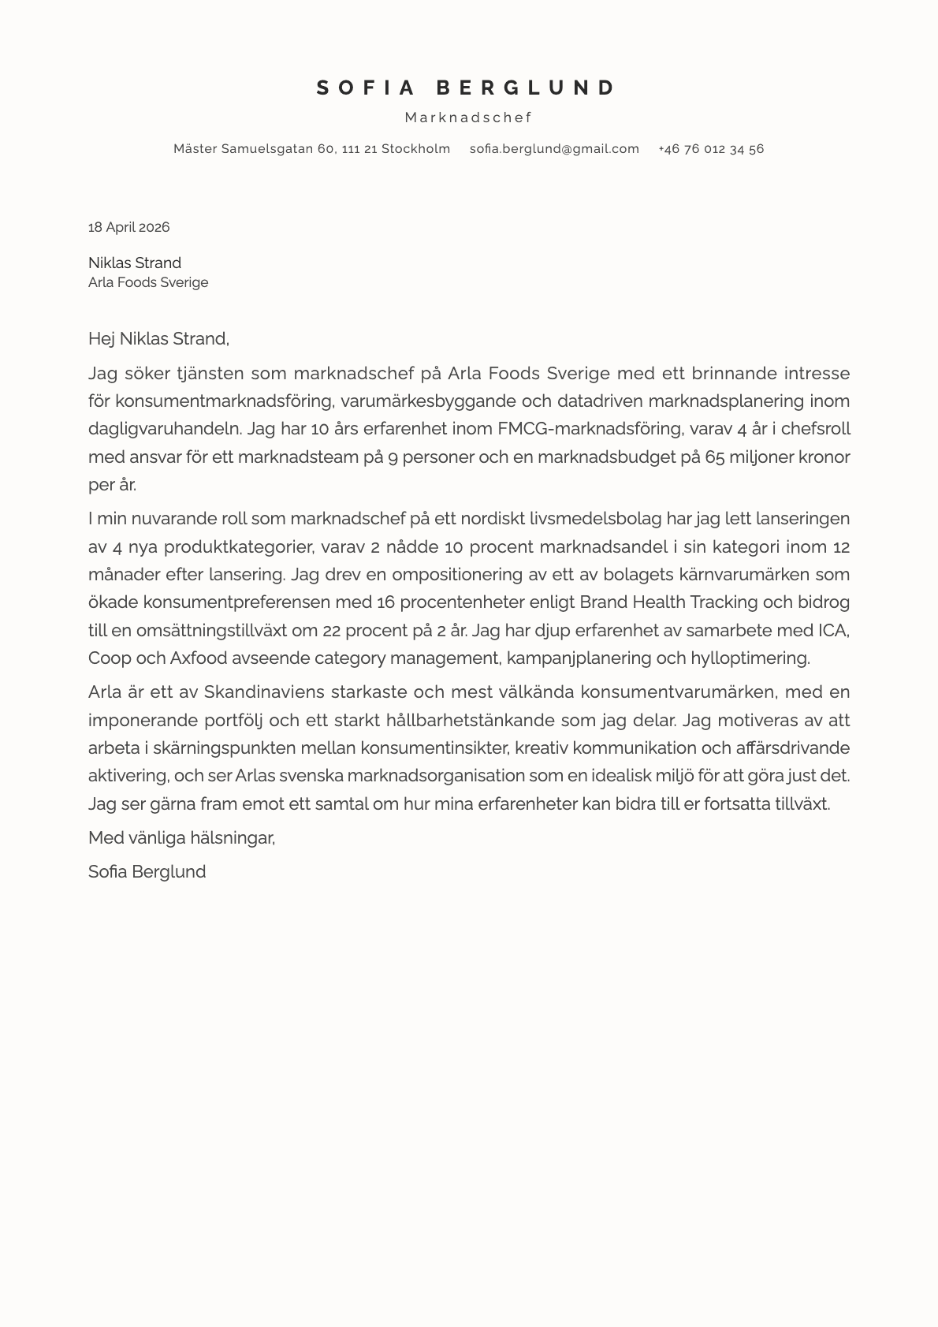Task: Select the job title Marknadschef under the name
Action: click(x=468, y=117)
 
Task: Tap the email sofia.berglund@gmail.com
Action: click(x=554, y=149)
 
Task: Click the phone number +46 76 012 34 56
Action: click(x=710, y=149)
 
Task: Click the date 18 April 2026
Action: click(x=128, y=227)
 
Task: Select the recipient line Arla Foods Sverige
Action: click(x=148, y=282)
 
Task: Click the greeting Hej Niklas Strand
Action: click(x=158, y=339)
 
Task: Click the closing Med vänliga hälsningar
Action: click(x=181, y=837)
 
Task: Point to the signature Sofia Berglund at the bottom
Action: click(x=147, y=871)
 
